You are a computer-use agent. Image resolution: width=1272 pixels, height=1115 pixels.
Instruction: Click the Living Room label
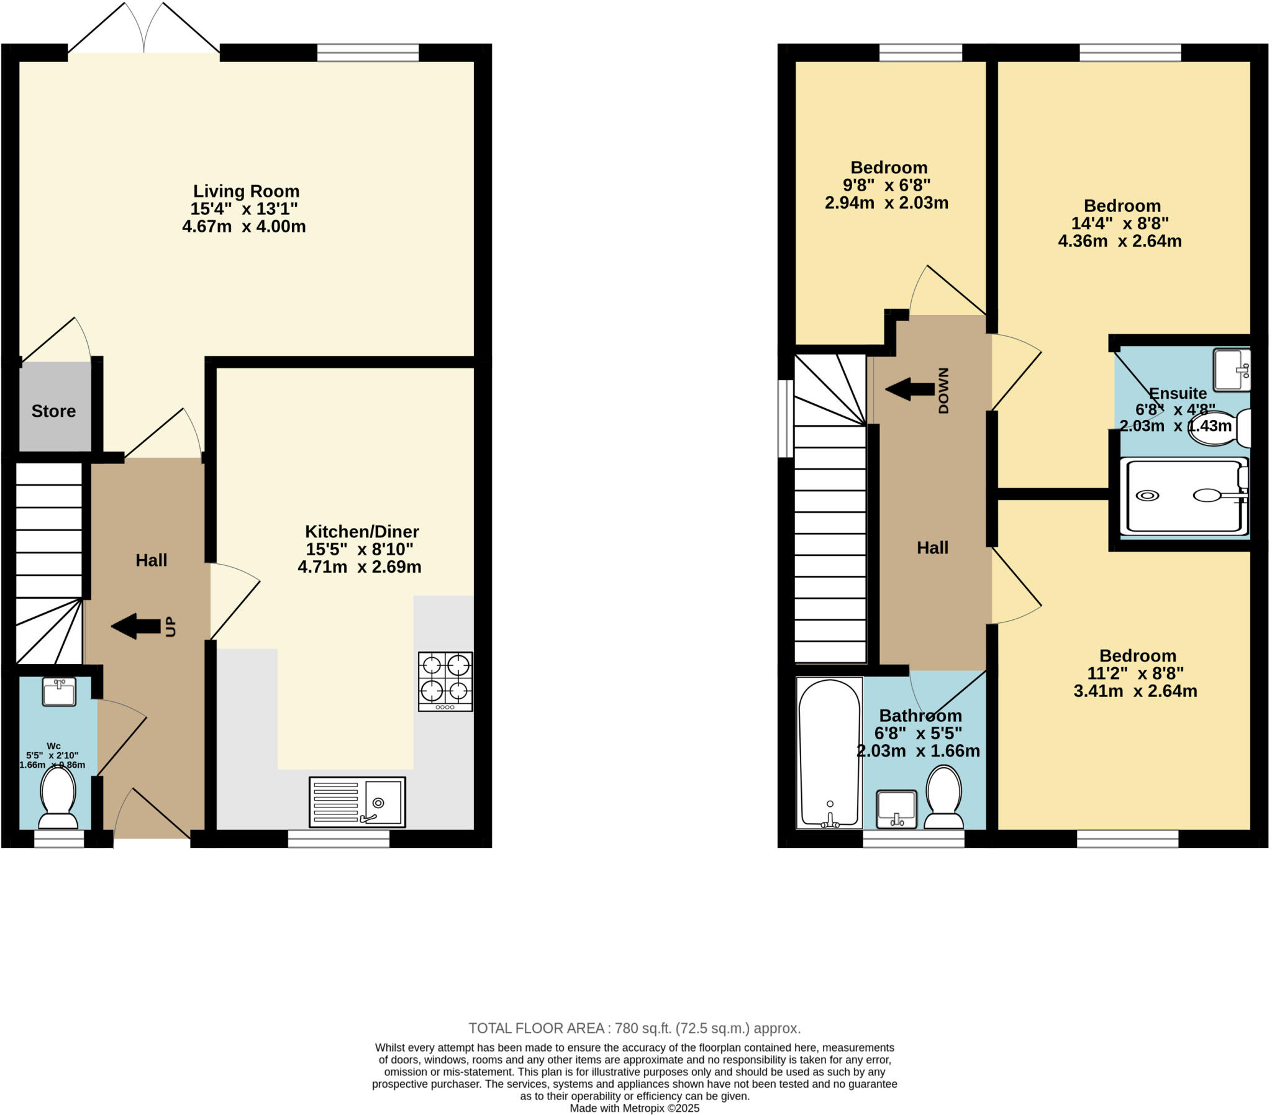point(246,192)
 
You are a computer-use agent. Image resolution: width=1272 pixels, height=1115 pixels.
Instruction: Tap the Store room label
point(53,411)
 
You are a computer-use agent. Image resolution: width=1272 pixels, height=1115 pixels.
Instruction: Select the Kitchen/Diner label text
point(361,532)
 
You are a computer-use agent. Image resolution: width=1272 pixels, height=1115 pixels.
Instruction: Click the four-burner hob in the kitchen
point(445,681)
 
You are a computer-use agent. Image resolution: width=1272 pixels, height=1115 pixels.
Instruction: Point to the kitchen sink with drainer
point(357,802)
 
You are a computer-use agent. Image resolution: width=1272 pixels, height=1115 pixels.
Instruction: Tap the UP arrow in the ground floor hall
point(136,626)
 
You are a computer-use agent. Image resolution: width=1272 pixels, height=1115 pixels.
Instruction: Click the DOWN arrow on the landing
point(910,389)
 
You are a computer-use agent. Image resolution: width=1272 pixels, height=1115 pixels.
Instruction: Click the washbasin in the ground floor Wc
point(59,692)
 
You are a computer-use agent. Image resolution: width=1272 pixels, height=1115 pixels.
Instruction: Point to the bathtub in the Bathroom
point(829,753)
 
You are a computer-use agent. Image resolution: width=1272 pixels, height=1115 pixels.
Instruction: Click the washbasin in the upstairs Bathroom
point(896,809)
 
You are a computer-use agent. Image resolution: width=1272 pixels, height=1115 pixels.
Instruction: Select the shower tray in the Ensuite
point(1184,496)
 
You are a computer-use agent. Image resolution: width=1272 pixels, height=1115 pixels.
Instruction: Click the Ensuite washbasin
point(1232,370)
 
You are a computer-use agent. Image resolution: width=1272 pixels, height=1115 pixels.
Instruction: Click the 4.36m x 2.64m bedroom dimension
point(1120,242)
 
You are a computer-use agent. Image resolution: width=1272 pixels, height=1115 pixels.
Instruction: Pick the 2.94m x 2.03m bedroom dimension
point(886,203)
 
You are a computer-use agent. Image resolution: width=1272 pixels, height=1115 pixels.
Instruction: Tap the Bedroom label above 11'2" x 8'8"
point(1138,656)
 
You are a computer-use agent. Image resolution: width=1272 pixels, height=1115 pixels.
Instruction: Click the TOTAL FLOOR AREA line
point(634,1028)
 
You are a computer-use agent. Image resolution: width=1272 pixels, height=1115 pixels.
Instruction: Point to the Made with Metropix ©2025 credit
point(634,1108)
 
